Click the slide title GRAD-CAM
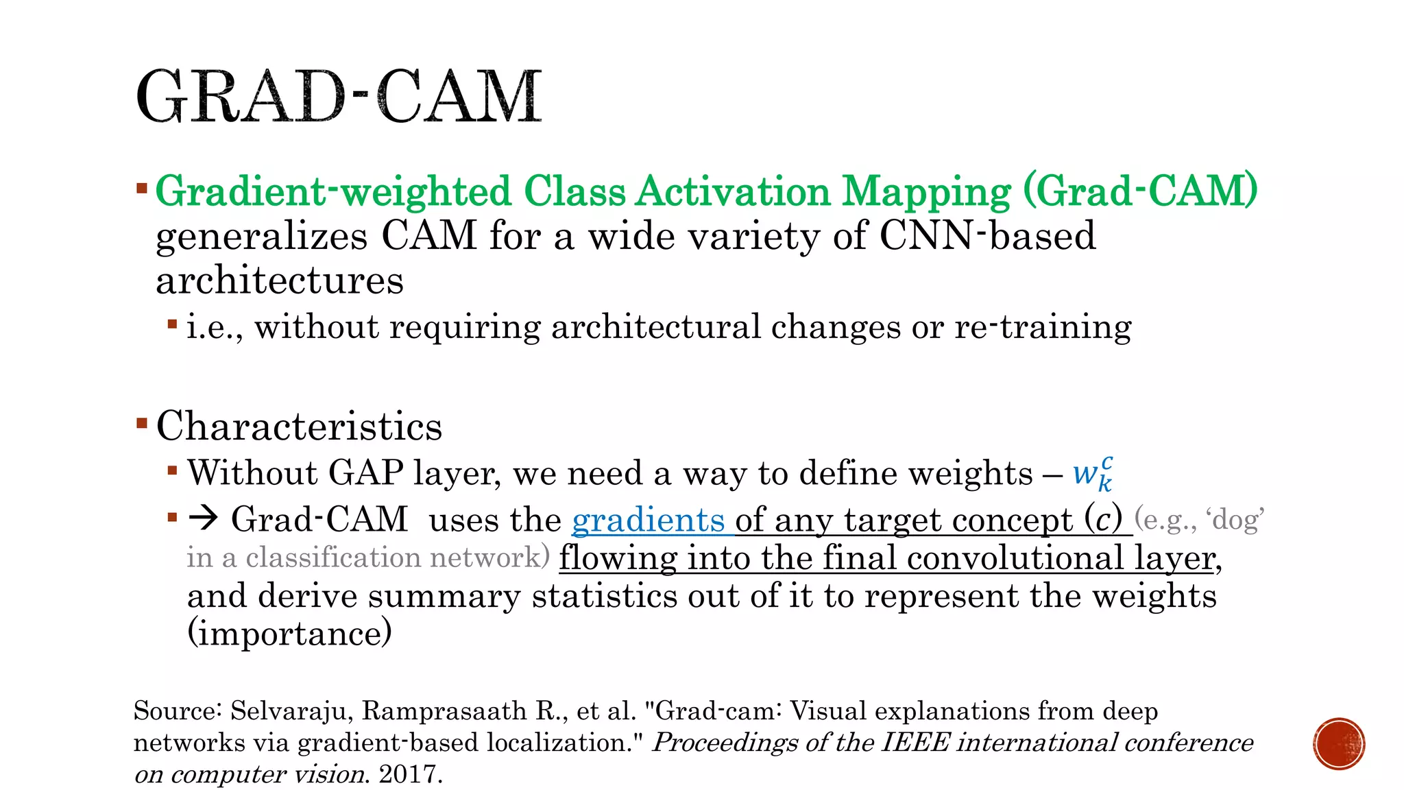pos(339,97)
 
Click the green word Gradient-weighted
pos(333,191)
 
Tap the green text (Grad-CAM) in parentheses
pos(1141,191)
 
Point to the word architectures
pos(280,281)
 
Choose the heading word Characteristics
pos(299,427)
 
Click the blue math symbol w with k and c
pos(1093,473)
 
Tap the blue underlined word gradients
pos(648,520)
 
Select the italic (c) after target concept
pos(1103,519)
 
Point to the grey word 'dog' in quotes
pos(1238,520)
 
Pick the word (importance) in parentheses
pos(289,633)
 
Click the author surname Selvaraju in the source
pos(291,711)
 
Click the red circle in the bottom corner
pos(1339,744)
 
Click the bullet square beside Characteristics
pos(142,423)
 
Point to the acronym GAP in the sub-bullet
pos(365,473)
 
